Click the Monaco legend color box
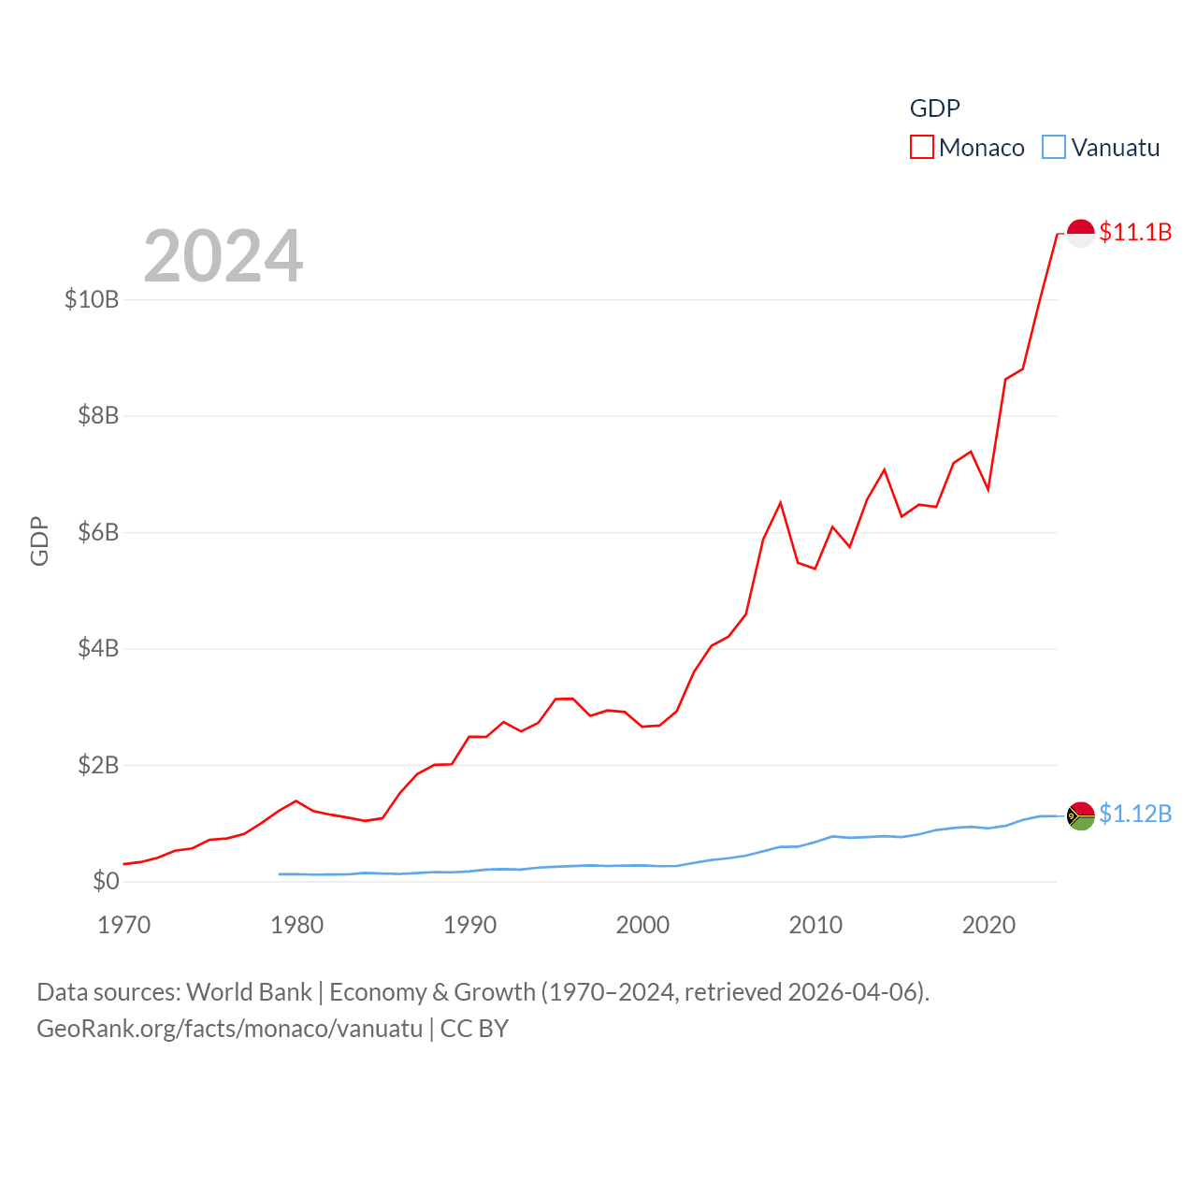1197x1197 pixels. [921, 148]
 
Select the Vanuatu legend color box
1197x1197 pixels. [1054, 148]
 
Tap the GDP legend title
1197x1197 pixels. [934, 108]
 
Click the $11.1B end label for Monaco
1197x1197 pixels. [1135, 232]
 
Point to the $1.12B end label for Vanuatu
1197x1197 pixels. [1135, 814]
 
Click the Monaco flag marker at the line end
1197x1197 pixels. [1081, 233]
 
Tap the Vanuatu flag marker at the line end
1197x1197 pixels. [1081, 815]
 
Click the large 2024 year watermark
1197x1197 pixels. [223, 256]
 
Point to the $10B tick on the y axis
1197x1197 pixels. [92, 299]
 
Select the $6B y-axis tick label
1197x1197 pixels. [98, 532]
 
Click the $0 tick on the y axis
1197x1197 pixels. [106, 881]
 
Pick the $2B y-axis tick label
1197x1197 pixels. [98, 765]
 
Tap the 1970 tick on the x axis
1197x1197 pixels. [124, 925]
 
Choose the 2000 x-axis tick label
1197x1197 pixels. [642, 925]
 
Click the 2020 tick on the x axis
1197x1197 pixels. [988, 925]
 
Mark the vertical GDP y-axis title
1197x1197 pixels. [39, 541]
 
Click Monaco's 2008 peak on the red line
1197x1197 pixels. [780, 503]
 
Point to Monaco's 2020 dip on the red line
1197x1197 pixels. [988, 489]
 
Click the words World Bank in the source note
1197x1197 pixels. [249, 991]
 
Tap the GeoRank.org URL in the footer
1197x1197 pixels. [230, 1029]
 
